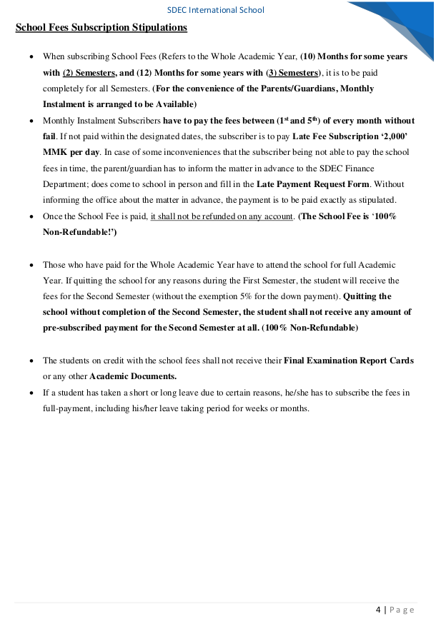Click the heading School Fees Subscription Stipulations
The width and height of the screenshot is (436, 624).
(x=101, y=28)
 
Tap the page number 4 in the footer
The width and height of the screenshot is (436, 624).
(x=378, y=609)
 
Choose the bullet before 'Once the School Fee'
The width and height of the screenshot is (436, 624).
(x=29, y=216)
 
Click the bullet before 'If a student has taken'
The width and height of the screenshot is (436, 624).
(x=29, y=393)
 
